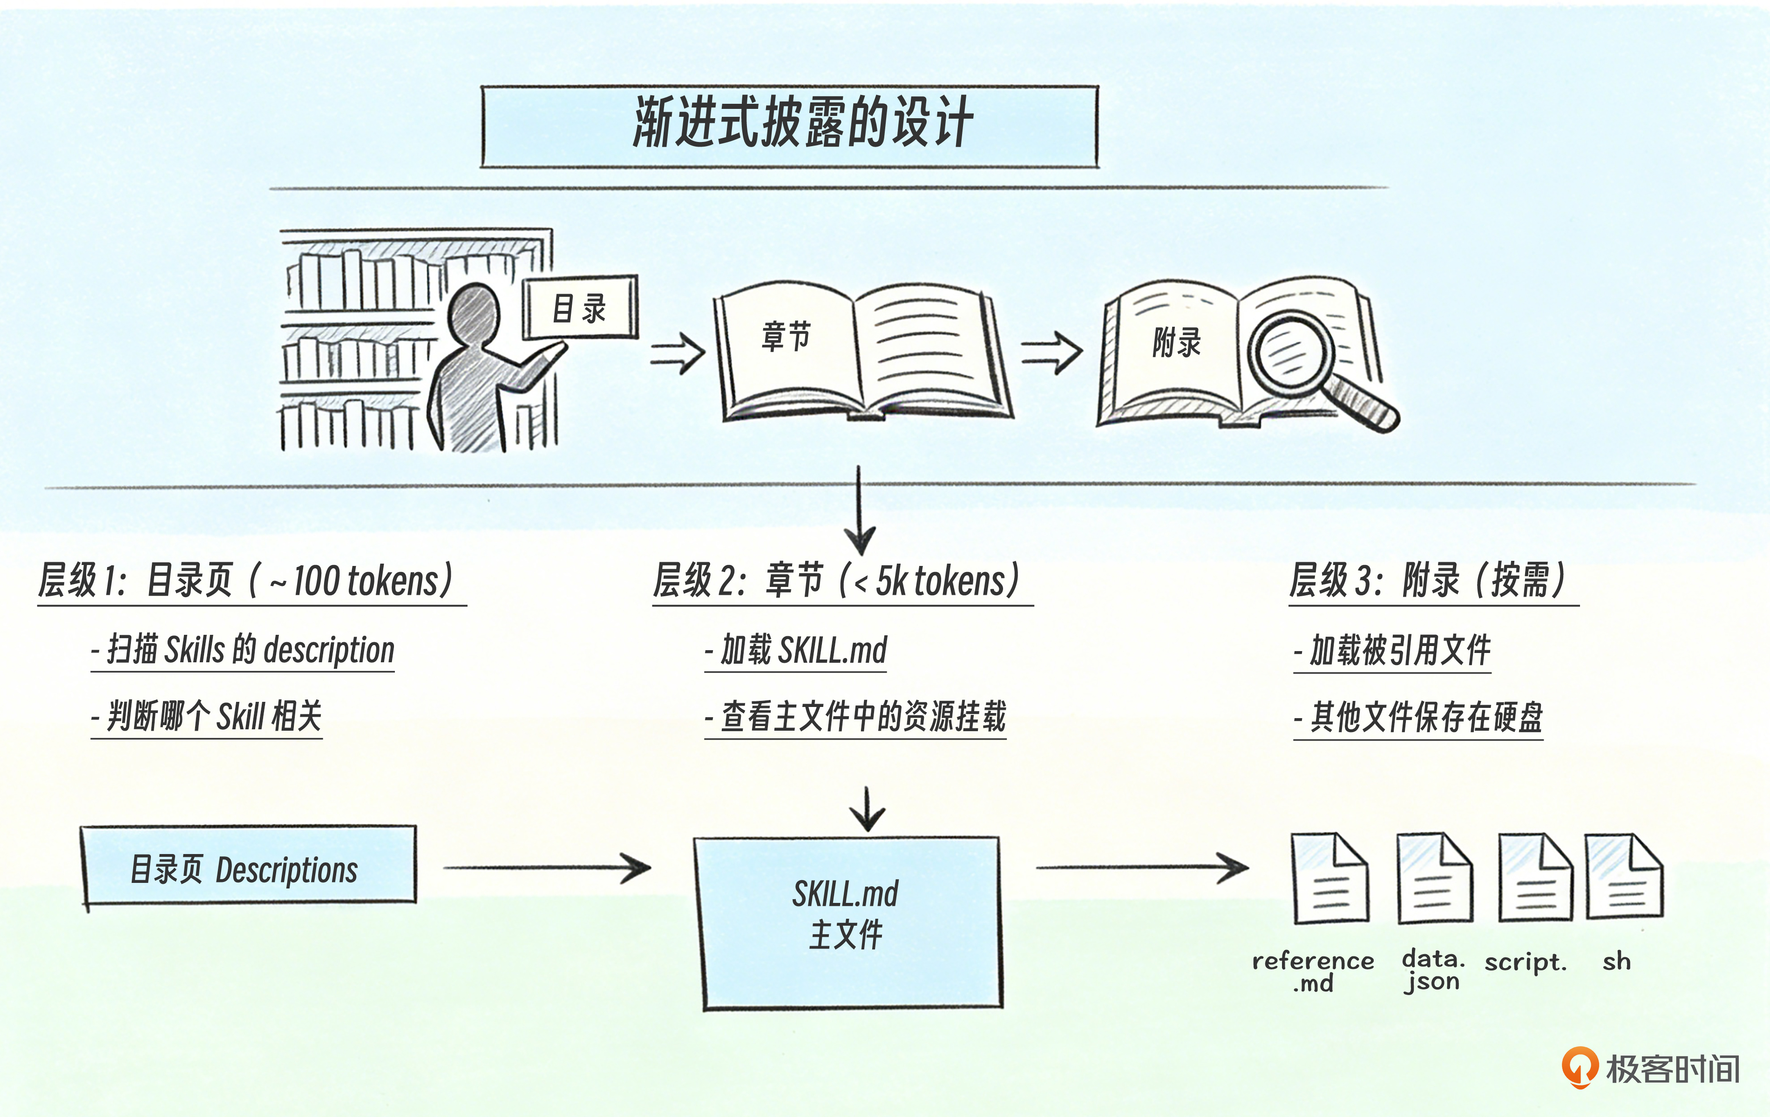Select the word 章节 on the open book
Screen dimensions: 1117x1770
point(785,336)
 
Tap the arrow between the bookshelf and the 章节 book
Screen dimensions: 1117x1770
point(678,353)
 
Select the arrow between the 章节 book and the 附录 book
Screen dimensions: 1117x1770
point(1051,353)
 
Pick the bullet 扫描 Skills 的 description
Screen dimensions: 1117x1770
point(243,650)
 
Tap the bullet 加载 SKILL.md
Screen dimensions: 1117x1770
point(796,650)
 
